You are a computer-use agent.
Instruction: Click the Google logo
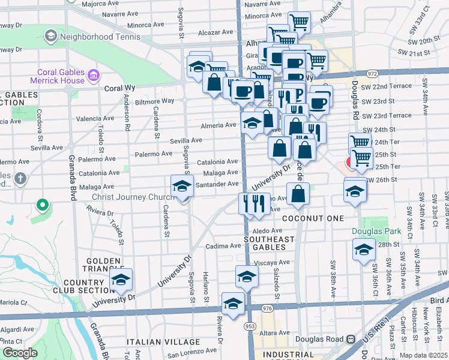[x=19, y=353]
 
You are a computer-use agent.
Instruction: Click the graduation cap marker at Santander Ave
[x=182, y=187]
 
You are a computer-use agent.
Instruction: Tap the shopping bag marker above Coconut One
[x=298, y=194]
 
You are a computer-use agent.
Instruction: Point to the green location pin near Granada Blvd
[x=42, y=205]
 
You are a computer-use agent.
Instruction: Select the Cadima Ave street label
[x=223, y=246]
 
